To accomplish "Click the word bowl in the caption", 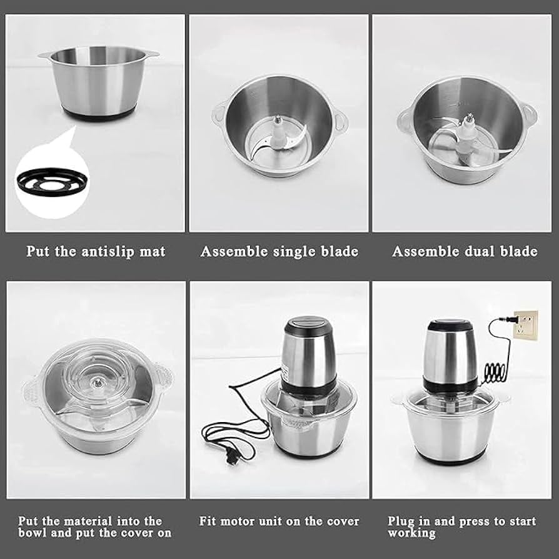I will pos(31,533).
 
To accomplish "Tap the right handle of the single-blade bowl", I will pos(340,119).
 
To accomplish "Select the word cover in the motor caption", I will pos(343,521).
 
